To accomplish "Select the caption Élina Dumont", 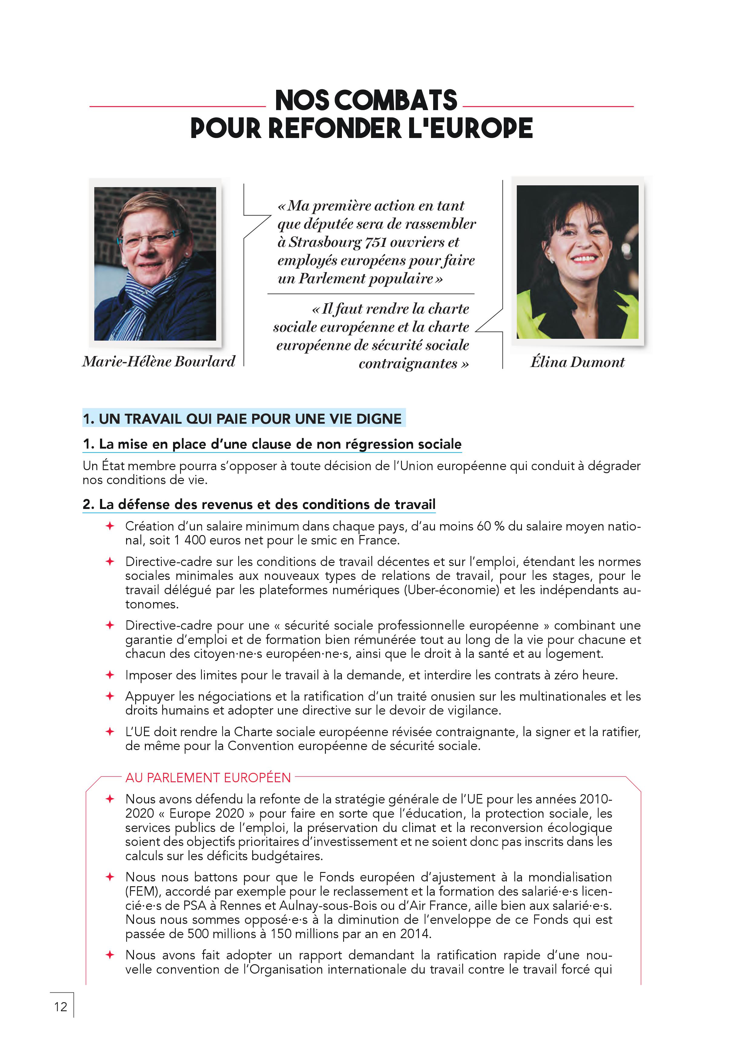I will click(577, 362).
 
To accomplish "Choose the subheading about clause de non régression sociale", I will click(272, 444).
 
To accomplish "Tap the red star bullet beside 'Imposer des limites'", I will click(110, 675).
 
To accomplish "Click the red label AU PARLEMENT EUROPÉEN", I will click(208, 777).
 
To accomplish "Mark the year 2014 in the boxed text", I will click(415, 933).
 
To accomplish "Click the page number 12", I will click(61, 1007).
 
